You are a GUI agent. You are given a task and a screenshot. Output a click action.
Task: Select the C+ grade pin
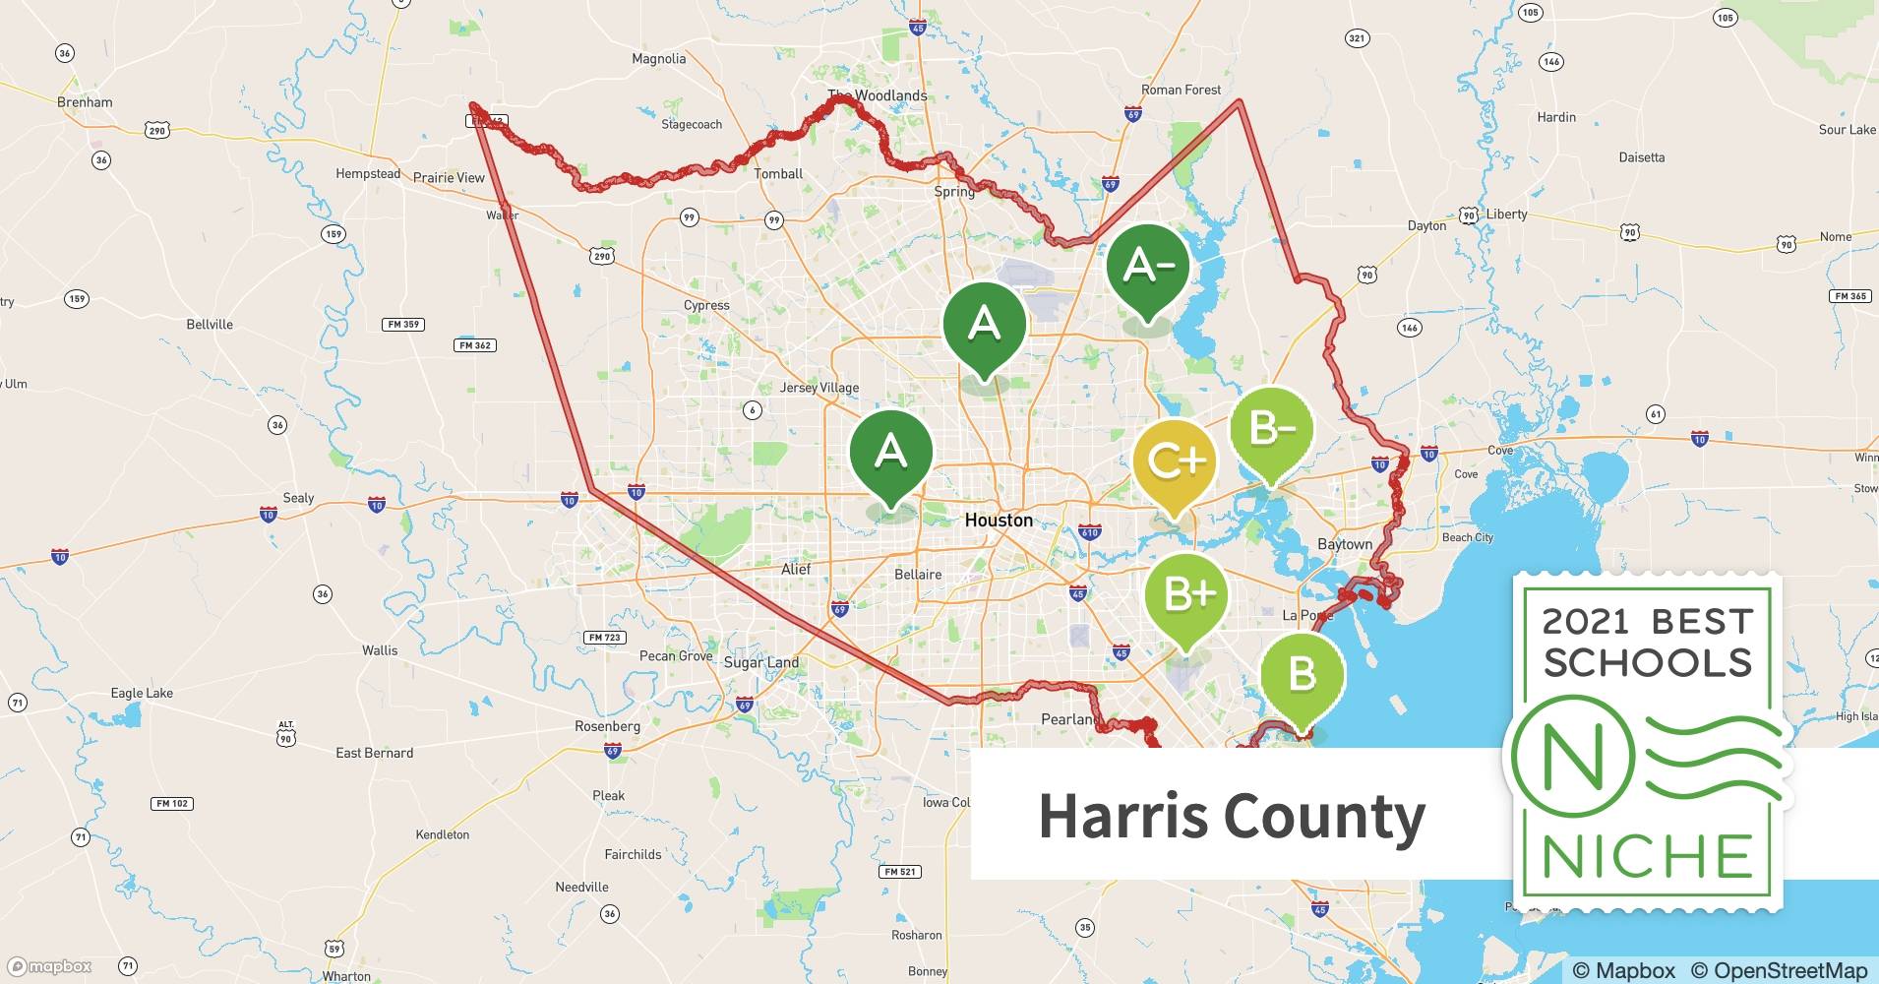click(1175, 461)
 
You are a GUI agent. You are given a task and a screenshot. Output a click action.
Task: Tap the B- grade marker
click(1271, 430)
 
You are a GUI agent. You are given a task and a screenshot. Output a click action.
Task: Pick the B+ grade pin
click(1186, 595)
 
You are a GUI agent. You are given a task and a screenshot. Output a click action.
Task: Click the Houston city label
click(999, 520)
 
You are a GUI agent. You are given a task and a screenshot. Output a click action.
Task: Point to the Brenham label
click(85, 102)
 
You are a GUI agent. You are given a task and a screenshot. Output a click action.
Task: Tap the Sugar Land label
click(761, 662)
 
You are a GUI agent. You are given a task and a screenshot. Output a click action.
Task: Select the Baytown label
click(1345, 544)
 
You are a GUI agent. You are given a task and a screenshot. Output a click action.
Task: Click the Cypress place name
click(706, 305)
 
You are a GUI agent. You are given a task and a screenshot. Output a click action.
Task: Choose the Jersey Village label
click(819, 388)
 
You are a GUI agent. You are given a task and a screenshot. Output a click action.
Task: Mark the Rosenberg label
click(607, 726)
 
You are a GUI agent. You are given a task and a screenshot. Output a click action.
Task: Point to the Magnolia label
click(658, 59)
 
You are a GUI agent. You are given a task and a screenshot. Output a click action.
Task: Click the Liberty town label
click(1506, 215)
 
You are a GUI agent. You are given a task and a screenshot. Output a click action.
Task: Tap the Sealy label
click(298, 498)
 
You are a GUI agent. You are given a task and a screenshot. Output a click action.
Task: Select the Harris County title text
click(1232, 816)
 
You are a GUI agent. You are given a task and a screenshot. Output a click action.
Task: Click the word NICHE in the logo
click(1647, 857)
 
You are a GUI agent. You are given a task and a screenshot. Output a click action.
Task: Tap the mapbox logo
click(50, 966)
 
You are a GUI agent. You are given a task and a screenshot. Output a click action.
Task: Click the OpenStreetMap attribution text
click(1779, 970)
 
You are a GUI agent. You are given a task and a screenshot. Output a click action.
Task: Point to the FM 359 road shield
click(402, 324)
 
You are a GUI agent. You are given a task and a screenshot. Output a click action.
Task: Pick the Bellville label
click(210, 324)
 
